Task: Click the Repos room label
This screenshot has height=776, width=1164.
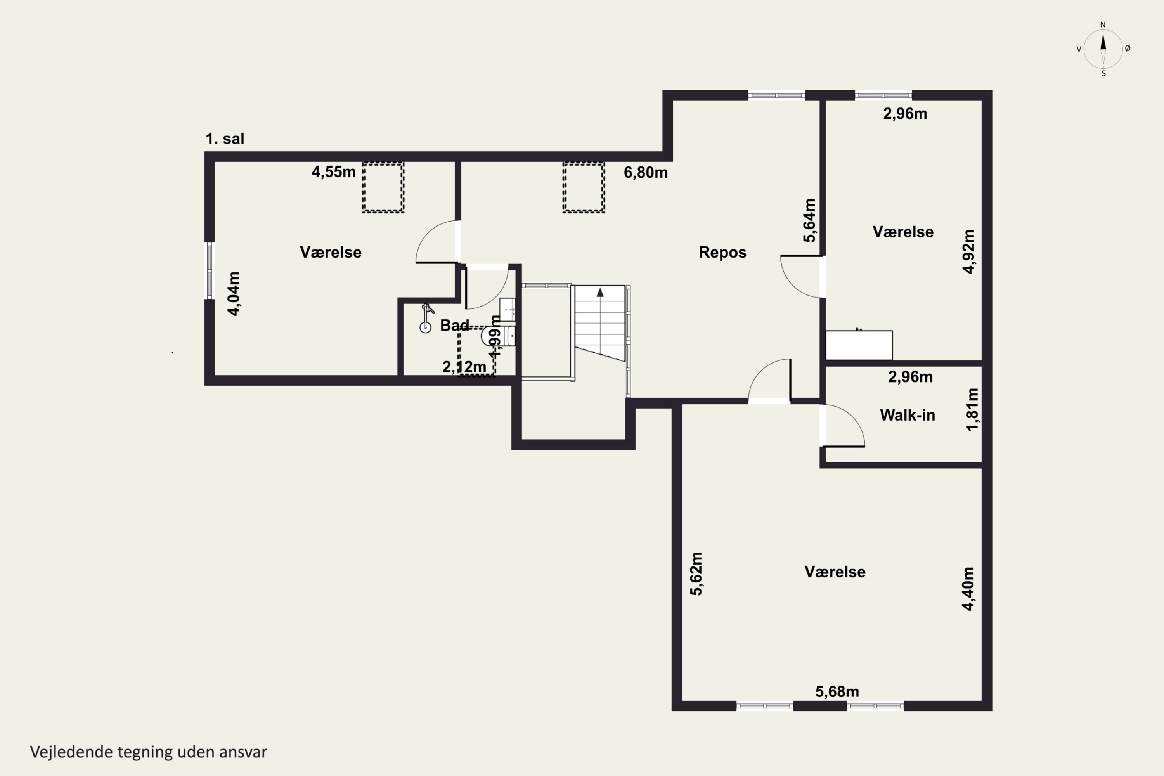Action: [722, 253]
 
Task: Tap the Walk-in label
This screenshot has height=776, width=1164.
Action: [907, 415]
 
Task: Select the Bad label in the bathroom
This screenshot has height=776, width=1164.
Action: [454, 325]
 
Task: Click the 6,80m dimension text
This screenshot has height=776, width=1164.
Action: [645, 173]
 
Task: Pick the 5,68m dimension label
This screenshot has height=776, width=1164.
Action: [837, 692]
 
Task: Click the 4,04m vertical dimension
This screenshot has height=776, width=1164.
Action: [234, 293]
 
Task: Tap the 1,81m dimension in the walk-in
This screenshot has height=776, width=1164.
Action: [972, 409]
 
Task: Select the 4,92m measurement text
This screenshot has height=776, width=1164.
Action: [968, 251]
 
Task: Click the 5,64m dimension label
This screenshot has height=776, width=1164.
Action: [809, 220]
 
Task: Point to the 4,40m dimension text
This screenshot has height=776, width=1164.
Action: [968, 589]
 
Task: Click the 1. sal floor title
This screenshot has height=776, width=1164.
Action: [225, 139]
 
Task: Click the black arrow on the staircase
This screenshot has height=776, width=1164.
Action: [600, 292]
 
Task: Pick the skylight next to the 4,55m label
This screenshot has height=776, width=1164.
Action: [383, 187]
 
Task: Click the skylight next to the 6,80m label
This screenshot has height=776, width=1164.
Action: [584, 187]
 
